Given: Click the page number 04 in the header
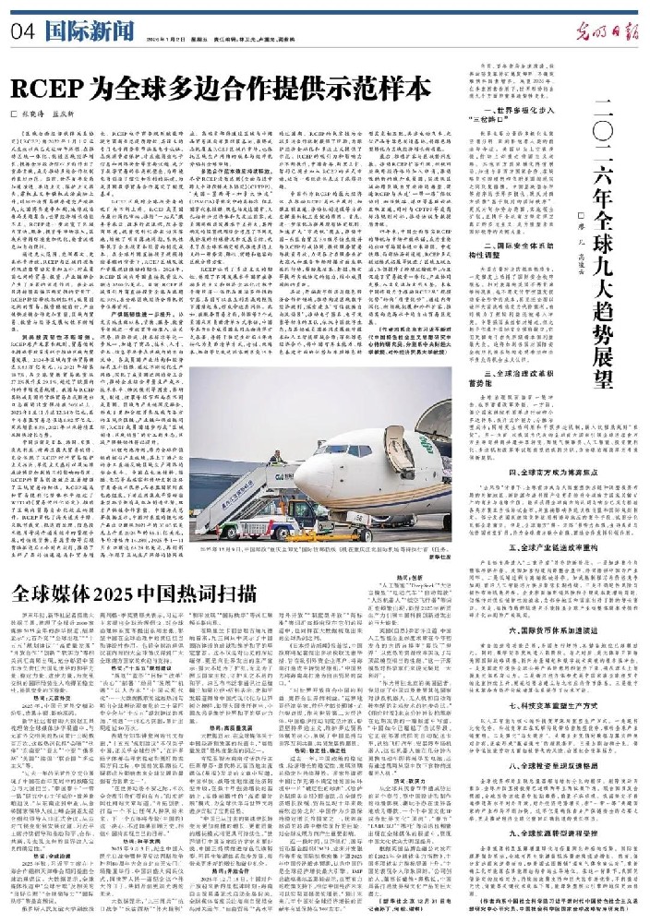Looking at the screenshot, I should [21, 28].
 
